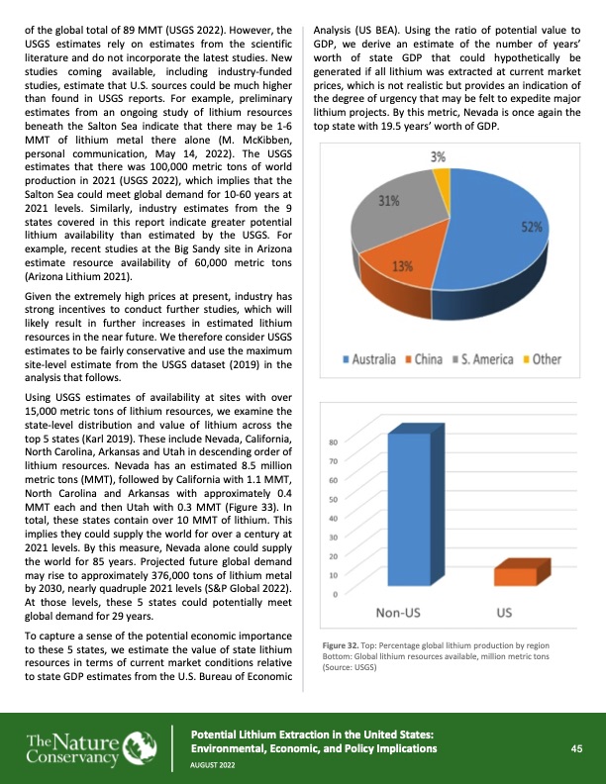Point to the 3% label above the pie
coord(438,157)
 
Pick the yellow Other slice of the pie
coord(443,185)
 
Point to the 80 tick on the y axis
coord(334,442)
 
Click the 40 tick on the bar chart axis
coord(334,518)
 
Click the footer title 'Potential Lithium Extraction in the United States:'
coord(312,734)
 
